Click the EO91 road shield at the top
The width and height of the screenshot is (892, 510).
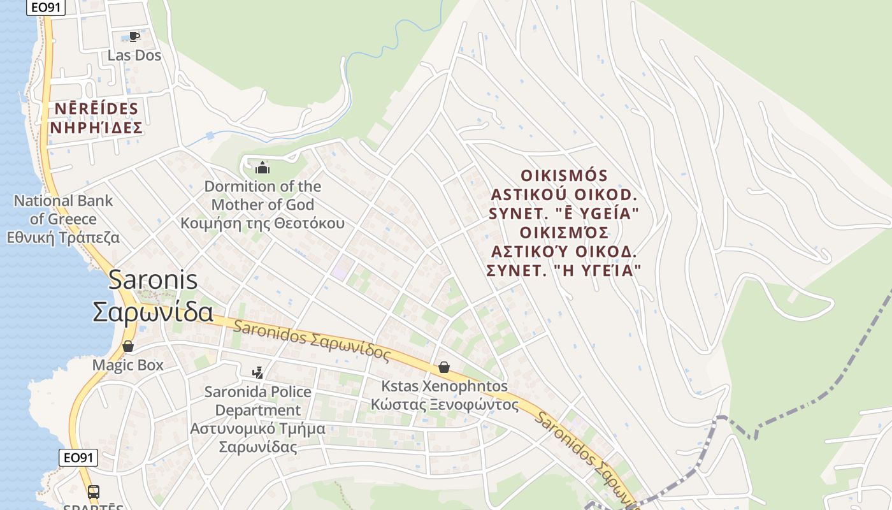(x=45, y=7)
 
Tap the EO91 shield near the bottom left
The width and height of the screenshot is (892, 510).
(x=79, y=457)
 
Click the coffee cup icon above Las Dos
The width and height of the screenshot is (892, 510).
(x=134, y=36)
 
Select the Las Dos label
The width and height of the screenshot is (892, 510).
(x=134, y=55)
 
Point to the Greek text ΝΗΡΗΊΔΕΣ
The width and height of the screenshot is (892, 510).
(x=96, y=128)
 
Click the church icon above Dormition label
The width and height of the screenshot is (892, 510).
(x=262, y=168)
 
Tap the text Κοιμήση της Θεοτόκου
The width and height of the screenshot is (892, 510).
(x=263, y=223)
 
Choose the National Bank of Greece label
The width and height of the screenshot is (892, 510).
(x=63, y=210)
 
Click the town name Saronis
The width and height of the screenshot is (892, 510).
(x=153, y=280)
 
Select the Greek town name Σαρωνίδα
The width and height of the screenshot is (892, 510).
(x=153, y=312)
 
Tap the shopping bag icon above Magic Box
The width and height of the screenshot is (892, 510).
(x=128, y=346)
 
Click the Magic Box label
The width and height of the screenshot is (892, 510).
(x=128, y=365)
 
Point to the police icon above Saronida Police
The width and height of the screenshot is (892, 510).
(x=258, y=372)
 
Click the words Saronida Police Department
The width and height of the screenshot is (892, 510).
(x=258, y=400)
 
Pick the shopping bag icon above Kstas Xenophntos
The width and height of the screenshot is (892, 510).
(x=444, y=367)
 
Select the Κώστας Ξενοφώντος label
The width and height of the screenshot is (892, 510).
(x=445, y=405)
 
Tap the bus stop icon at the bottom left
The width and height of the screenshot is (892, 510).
(x=93, y=492)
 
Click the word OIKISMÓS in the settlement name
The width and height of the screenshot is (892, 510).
(x=565, y=175)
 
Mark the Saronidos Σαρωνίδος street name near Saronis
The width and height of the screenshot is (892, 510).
(x=312, y=341)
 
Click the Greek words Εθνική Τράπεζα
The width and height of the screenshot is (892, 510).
(x=63, y=238)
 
